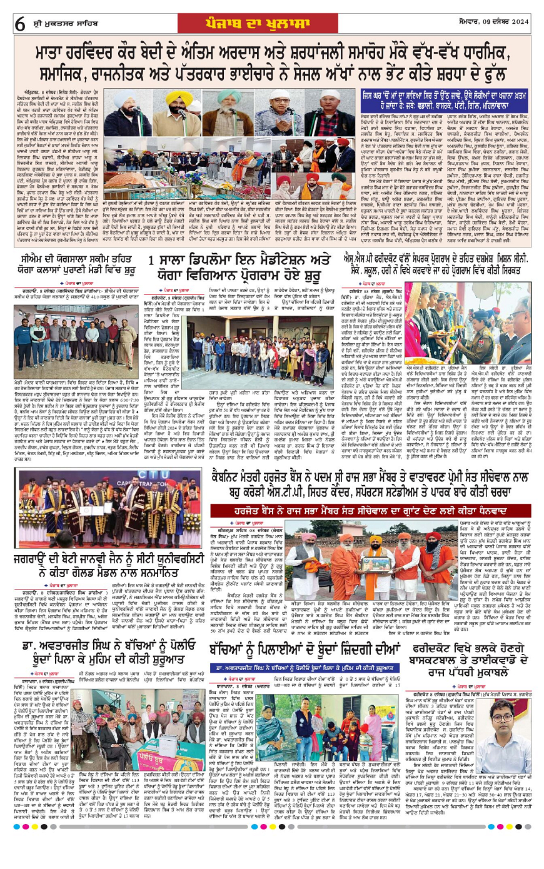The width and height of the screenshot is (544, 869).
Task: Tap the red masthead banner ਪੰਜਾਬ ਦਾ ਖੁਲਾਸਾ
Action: pyautogui.click(x=273, y=23)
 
